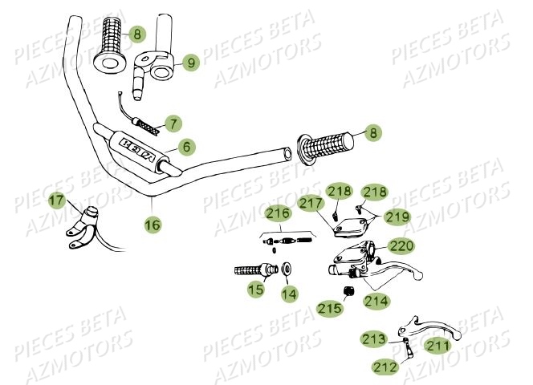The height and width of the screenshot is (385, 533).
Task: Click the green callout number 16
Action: pos(152,225)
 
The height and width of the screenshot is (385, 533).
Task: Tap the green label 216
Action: pos(278,213)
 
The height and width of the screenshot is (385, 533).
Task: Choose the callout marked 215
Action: pos(328,308)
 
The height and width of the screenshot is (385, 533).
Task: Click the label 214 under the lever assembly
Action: pos(376,302)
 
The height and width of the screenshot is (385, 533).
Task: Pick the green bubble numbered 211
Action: pos(437,346)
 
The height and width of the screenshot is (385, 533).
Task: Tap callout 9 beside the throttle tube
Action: pos(189,61)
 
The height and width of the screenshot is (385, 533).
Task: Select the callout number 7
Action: pos(173,124)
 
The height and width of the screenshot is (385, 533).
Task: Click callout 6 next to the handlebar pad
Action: pos(185,147)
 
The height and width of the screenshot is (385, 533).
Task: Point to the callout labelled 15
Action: pos(255,289)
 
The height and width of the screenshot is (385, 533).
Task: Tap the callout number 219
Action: pos(397,217)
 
